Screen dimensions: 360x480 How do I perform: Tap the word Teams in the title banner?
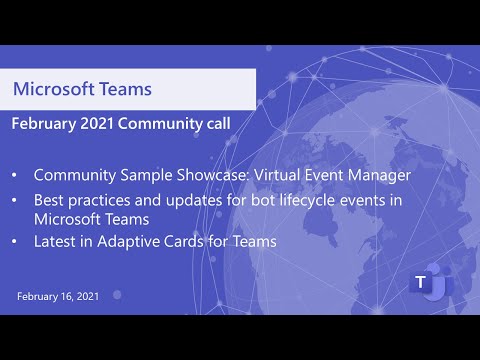click(126, 89)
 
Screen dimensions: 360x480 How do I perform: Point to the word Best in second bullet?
click(51, 200)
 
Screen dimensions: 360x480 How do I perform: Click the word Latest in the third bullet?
click(57, 241)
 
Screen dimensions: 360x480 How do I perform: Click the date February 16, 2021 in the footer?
click(59, 297)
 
